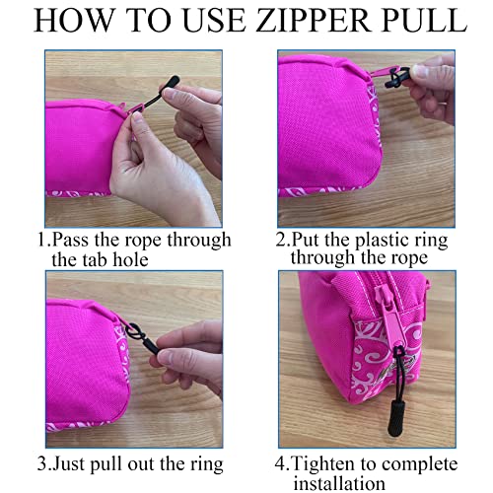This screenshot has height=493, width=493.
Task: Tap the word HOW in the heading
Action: [73, 20]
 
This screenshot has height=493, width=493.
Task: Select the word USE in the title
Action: [213, 20]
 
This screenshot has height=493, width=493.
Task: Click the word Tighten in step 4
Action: [326, 464]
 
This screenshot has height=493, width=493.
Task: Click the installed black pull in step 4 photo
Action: [344, 414]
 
